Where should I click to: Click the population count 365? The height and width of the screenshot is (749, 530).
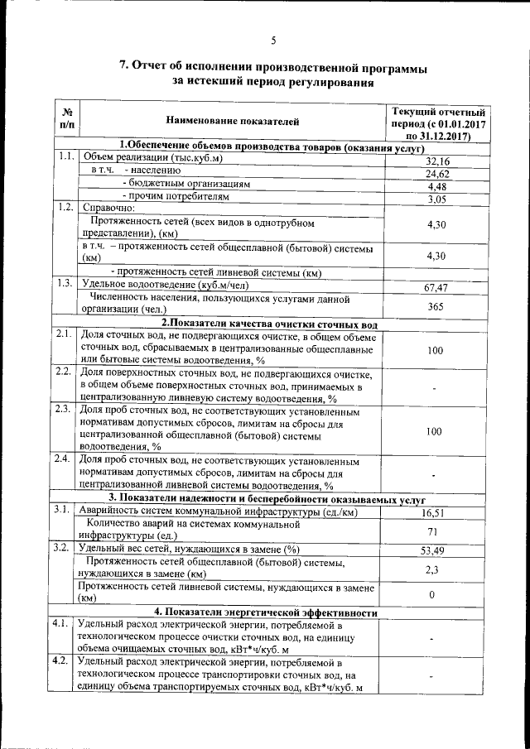pyautogui.click(x=436, y=307)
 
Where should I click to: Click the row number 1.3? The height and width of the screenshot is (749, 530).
pyautogui.click(x=65, y=284)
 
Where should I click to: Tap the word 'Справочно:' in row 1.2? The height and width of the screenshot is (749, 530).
pyautogui.click(x=109, y=207)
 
